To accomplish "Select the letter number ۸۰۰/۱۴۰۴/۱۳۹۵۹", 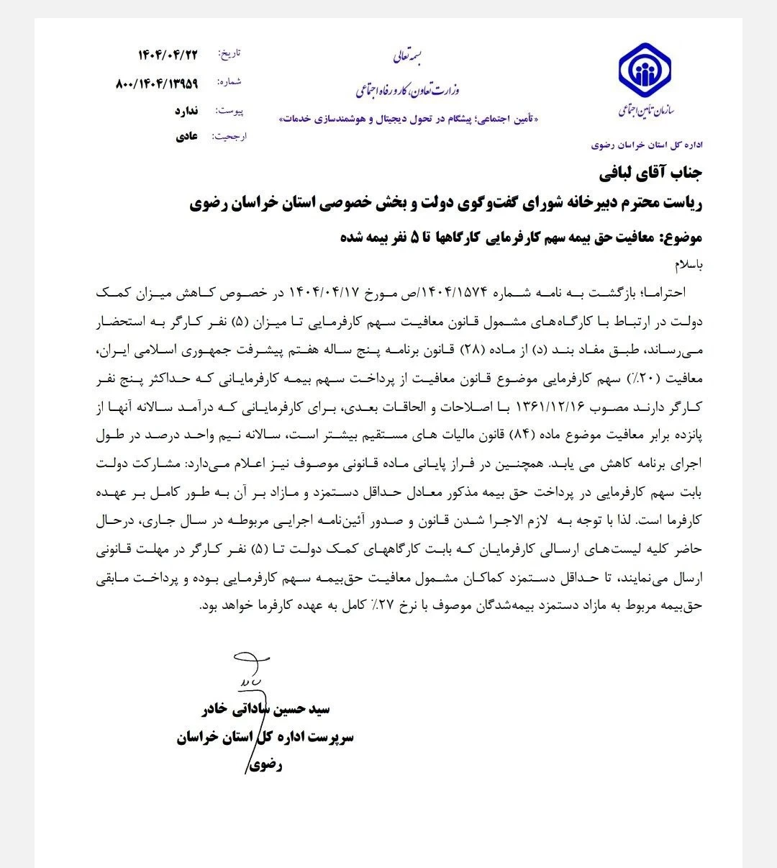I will [x=156, y=83].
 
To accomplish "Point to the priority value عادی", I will [x=186, y=136].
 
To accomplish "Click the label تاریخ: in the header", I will [x=231, y=55].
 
